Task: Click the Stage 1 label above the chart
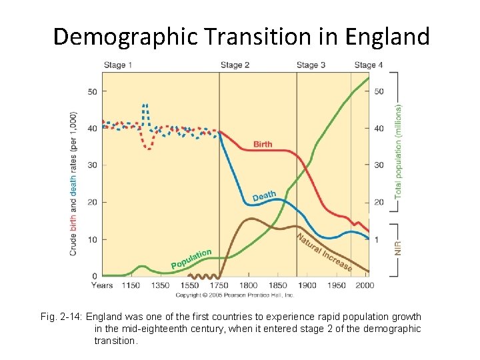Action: pyautogui.click(x=117, y=65)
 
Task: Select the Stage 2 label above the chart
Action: pyautogui.click(x=235, y=65)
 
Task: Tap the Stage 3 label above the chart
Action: pyautogui.click(x=311, y=65)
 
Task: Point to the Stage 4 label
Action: pyautogui.click(x=369, y=65)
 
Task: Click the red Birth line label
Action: pyautogui.click(x=263, y=145)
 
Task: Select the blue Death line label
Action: pyautogui.click(x=264, y=196)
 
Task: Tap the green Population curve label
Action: pyautogui.click(x=191, y=259)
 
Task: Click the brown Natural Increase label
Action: pyautogui.click(x=324, y=252)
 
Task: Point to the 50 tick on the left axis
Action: pyautogui.click(x=93, y=91)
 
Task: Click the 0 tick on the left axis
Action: pyautogui.click(x=95, y=276)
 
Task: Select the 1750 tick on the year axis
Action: pyautogui.click(x=219, y=285)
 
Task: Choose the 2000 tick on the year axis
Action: pyautogui.click(x=364, y=285)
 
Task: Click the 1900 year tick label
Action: pyautogui.click(x=307, y=285)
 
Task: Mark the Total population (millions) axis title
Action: pyautogui.click(x=399, y=150)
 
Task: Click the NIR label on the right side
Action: pyautogui.click(x=399, y=248)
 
